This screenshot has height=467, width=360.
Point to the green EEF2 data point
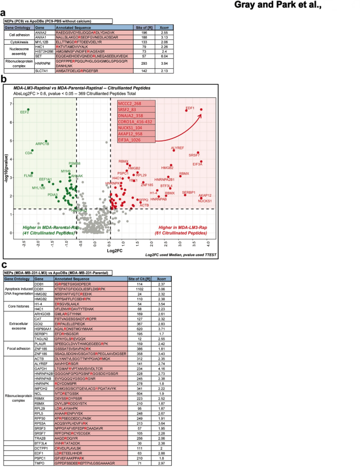click(x=28, y=110)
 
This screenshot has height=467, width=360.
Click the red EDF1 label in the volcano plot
click(x=190, y=108)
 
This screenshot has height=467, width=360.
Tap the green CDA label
click(x=28, y=153)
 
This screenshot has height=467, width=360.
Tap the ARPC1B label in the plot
click(x=42, y=144)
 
